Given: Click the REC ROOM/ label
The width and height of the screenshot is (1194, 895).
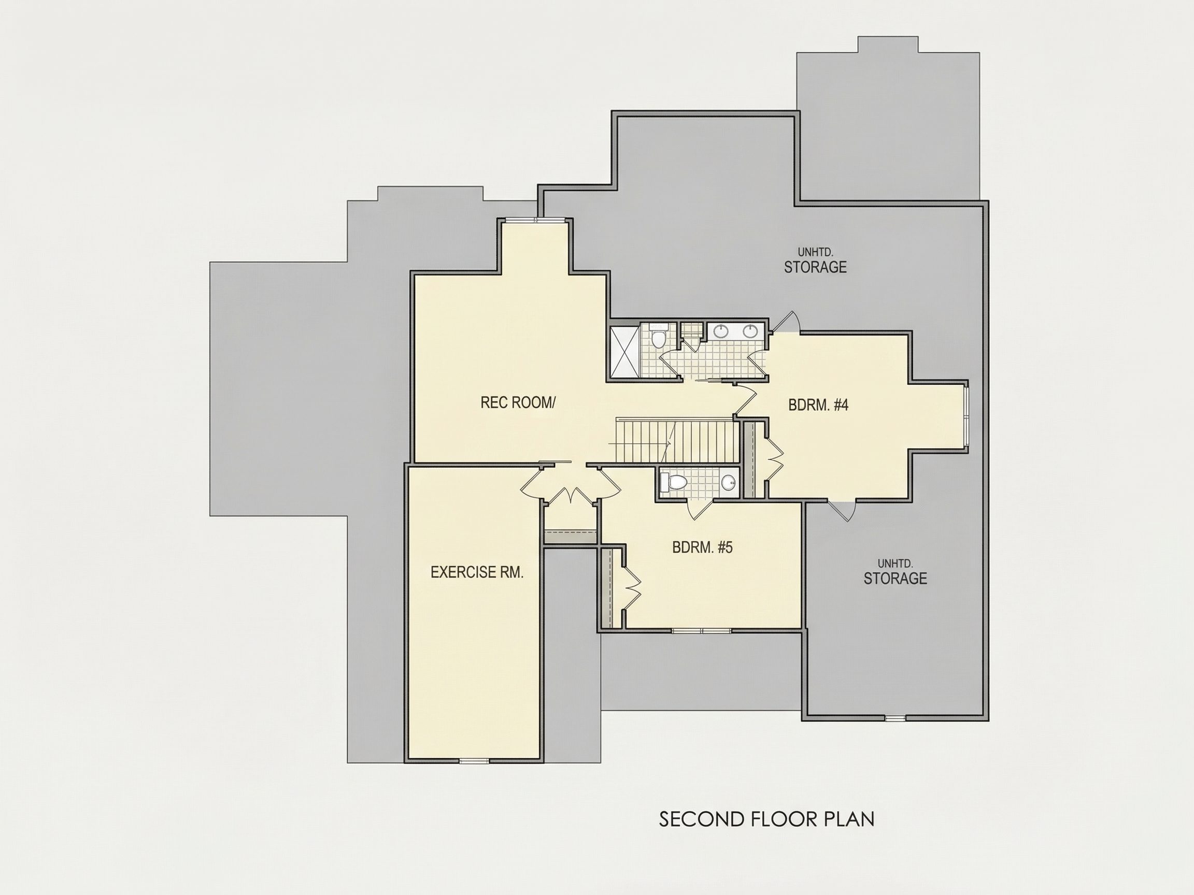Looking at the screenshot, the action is [x=518, y=402].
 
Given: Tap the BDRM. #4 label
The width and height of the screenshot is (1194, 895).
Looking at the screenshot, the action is [x=818, y=405].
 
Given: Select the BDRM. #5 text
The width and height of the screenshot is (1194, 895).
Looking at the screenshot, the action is [x=702, y=547].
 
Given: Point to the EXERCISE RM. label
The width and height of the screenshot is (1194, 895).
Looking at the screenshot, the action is [x=477, y=572].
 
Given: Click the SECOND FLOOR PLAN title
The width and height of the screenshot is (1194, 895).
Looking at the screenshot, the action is [x=766, y=819].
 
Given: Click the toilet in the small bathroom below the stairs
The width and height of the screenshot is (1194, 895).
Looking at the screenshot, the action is [x=674, y=482].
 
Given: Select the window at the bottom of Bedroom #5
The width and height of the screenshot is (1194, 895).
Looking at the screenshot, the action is [x=702, y=630].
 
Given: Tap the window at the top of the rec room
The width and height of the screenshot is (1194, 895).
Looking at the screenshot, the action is [x=534, y=219].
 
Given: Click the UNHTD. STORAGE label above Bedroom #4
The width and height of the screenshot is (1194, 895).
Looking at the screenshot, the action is [x=816, y=261].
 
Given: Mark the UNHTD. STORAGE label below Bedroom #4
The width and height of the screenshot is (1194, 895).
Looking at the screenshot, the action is [x=895, y=572].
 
